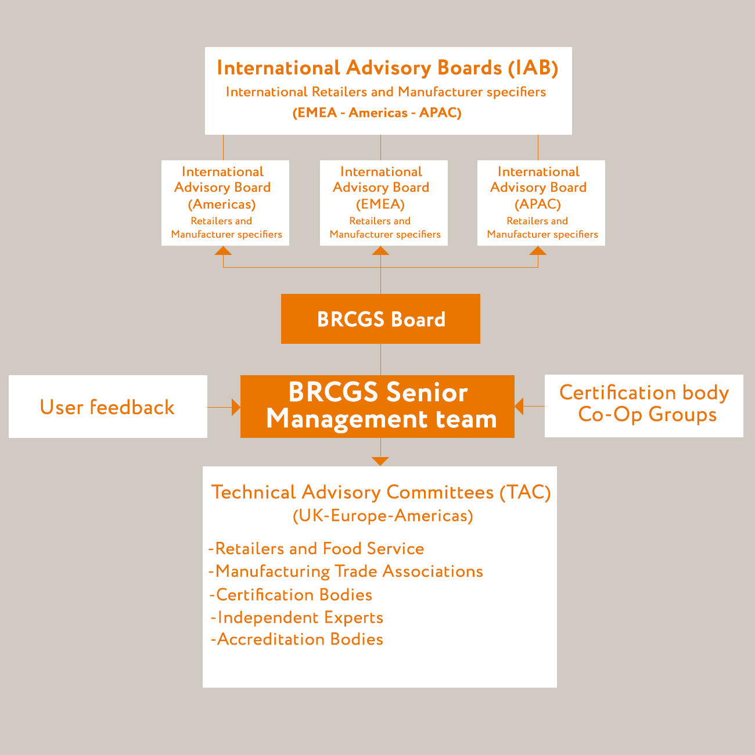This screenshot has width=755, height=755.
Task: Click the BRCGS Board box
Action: pyautogui.click(x=380, y=318)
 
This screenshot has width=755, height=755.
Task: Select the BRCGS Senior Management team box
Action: pyautogui.click(x=378, y=407)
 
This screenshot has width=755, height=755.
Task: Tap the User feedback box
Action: pyautogui.click(x=108, y=407)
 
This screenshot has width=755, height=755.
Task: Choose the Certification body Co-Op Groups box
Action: pyautogui.click(x=643, y=405)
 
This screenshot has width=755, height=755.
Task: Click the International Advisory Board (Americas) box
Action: pyautogui.click(x=225, y=203)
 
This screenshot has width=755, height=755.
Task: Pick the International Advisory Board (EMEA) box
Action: pyautogui.click(x=383, y=203)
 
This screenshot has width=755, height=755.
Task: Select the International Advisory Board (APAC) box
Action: pyautogui.click(x=541, y=203)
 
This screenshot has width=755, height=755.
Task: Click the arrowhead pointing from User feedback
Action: pyautogui.click(x=236, y=407)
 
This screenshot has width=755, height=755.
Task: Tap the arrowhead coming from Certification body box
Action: pyautogui.click(x=519, y=406)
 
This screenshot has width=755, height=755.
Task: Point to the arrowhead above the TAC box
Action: pyautogui.click(x=380, y=461)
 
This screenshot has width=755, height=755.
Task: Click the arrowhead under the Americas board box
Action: pyautogui.click(x=223, y=250)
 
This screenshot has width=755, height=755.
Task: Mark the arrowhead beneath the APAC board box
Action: pyautogui.click(x=538, y=250)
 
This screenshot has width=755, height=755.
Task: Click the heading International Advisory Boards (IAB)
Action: pyautogui.click(x=387, y=68)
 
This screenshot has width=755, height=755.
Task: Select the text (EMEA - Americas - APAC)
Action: pyautogui.click(x=377, y=113)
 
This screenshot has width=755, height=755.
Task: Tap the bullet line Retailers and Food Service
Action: pyautogui.click(x=316, y=548)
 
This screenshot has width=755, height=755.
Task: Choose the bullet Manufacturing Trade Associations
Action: pyautogui.click(x=346, y=571)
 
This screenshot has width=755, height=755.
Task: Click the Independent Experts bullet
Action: pyautogui.click(x=297, y=617)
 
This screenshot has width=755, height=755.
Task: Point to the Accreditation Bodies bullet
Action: pyautogui.click(x=297, y=639)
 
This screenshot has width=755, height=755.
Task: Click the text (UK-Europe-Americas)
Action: pyautogui.click(x=383, y=516)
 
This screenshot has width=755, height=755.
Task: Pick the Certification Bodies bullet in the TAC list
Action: pyautogui.click(x=291, y=595)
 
